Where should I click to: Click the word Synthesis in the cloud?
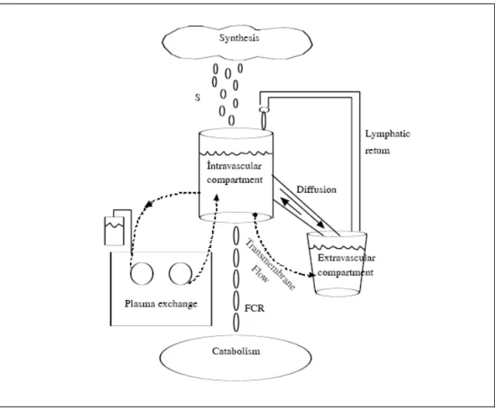pyautogui.click(x=239, y=38)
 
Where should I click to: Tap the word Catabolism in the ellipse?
pyautogui.click(x=236, y=351)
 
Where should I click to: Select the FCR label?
pyautogui.click(x=255, y=308)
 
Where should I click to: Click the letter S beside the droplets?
pyautogui.click(x=198, y=97)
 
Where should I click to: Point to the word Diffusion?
pyautogui.click(x=317, y=189)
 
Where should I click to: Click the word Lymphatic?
pyautogui.click(x=388, y=134)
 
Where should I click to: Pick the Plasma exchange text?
pyautogui.click(x=161, y=304)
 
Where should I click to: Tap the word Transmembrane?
pyautogui.click(x=271, y=264)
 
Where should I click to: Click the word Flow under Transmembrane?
pyautogui.click(x=260, y=273)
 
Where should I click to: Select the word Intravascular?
pyautogui.click(x=235, y=166)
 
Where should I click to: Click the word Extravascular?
pyautogui.click(x=346, y=258)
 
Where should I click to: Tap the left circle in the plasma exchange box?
pyautogui.click(x=142, y=273)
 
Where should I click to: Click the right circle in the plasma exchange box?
pyautogui.click(x=180, y=273)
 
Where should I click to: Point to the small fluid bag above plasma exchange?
pyautogui.click(x=114, y=231)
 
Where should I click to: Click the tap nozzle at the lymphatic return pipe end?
pyautogui.click(x=264, y=109)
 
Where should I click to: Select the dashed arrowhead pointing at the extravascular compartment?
pyautogui.click(x=312, y=275)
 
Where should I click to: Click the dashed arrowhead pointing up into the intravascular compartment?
pyautogui.click(x=217, y=198)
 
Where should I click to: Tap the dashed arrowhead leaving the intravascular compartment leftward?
pyautogui.click(x=147, y=205)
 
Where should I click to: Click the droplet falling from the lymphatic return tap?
pyautogui.click(x=264, y=121)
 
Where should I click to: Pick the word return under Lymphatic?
pyautogui.click(x=377, y=151)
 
